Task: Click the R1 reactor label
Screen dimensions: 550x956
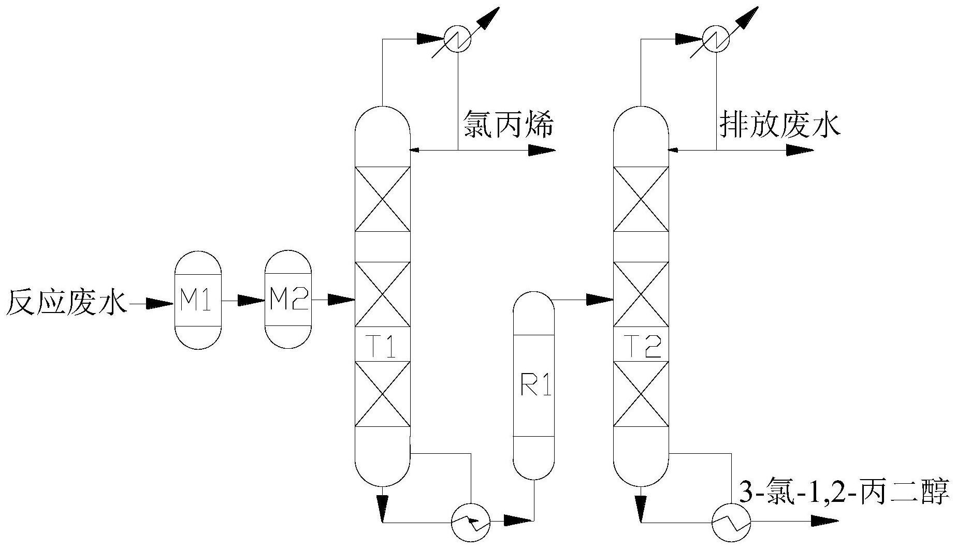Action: tap(533, 385)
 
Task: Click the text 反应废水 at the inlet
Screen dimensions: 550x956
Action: tap(66, 302)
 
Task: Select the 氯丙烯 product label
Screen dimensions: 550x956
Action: tap(508, 125)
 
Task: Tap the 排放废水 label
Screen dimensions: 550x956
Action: tap(780, 125)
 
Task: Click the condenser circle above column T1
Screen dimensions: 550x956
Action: tap(457, 38)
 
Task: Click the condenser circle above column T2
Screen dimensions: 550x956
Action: tap(716, 38)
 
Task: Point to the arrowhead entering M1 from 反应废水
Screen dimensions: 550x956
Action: tap(158, 303)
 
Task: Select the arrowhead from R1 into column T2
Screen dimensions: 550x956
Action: tap(600, 299)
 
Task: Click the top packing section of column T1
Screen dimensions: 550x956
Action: tap(382, 199)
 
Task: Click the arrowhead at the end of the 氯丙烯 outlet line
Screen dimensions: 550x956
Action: tap(541, 151)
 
